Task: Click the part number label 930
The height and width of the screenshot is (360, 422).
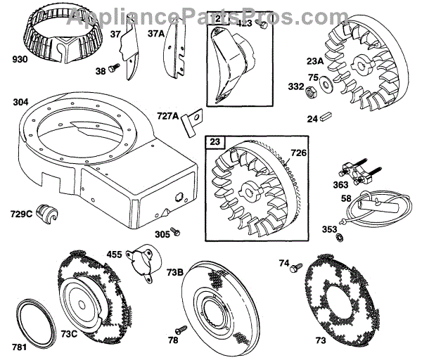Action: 20,60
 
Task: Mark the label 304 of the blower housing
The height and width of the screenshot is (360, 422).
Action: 21,102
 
